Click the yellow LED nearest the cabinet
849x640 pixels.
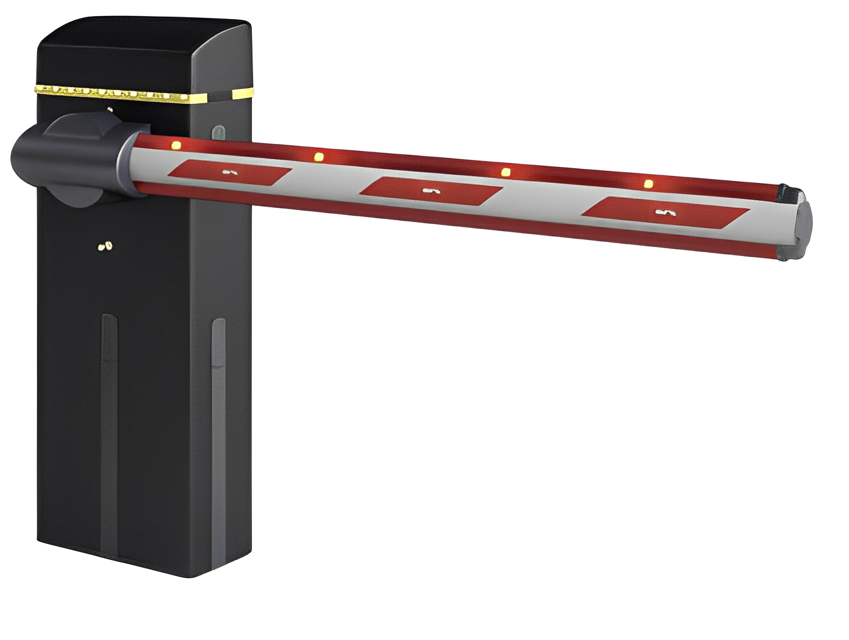point(176,145)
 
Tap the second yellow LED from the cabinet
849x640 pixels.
point(318,156)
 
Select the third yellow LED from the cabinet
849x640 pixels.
point(506,172)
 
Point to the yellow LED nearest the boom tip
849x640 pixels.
point(648,184)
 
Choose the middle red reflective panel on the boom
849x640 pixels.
point(431,190)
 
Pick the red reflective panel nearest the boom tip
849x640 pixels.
point(666,212)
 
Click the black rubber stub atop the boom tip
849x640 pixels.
point(790,193)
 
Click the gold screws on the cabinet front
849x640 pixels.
point(105,245)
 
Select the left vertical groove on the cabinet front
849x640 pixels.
point(109,435)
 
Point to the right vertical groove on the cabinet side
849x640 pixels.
point(219,435)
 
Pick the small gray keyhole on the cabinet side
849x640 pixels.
point(219,133)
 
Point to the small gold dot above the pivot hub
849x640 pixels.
point(110,110)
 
